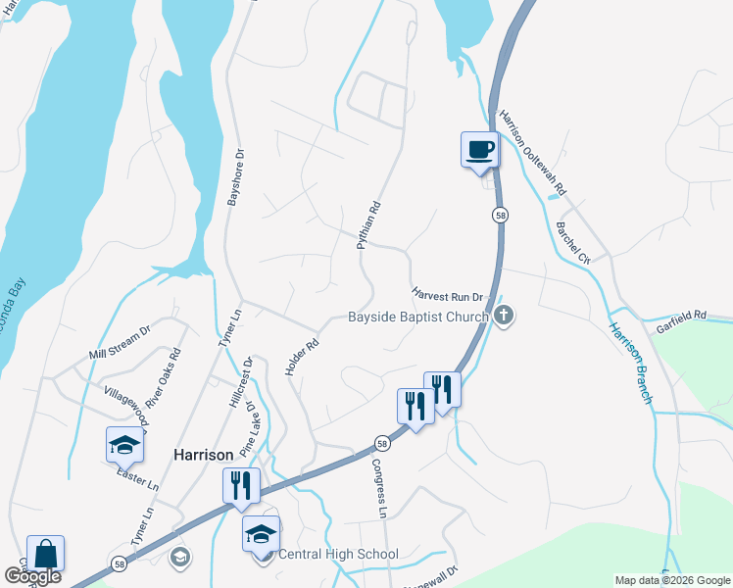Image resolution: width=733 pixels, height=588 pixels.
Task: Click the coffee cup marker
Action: point(479,150)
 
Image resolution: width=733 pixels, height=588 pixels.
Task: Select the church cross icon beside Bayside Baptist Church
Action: point(504,316)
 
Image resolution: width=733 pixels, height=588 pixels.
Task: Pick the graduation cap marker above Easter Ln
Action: point(124,445)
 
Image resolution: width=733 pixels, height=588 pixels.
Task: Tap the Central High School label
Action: point(338,554)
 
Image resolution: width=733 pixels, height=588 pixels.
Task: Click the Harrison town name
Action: point(203,455)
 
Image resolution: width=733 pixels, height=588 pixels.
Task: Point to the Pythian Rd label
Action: point(367,224)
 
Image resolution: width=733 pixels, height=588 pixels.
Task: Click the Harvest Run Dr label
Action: point(449,294)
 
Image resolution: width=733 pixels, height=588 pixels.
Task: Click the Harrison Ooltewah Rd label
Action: point(534,151)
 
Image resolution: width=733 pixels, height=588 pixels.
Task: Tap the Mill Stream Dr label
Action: point(120,341)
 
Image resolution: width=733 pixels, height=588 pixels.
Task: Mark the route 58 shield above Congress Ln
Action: point(382,444)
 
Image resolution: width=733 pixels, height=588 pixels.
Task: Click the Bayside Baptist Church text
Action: point(418,317)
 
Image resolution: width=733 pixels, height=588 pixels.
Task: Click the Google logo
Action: point(31,577)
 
